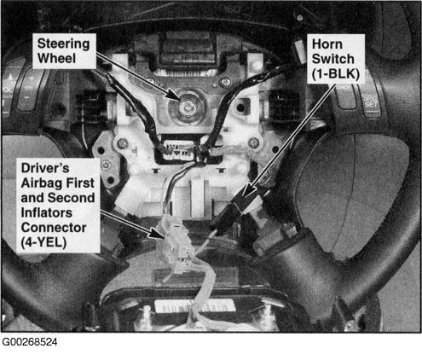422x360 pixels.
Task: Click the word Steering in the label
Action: [x=63, y=44]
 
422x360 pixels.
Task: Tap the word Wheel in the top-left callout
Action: [x=56, y=59]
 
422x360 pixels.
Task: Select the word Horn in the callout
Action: [x=327, y=44]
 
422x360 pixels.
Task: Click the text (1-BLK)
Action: [x=336, y=74]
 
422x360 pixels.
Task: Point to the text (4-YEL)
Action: [x=43, y=242]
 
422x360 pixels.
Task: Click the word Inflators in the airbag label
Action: [x=47, y=212]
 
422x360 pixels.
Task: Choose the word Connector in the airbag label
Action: [x=54, y=228]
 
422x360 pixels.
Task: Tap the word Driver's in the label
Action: [x=45, y=168]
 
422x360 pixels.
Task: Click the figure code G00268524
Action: [x=30, y=342]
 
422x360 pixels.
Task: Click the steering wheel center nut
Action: [x=186, y=107]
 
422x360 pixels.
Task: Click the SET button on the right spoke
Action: [x=371, y=104]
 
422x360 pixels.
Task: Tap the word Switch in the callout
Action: [x=333, y=59]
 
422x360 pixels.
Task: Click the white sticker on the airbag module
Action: [x=195, y=306]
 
